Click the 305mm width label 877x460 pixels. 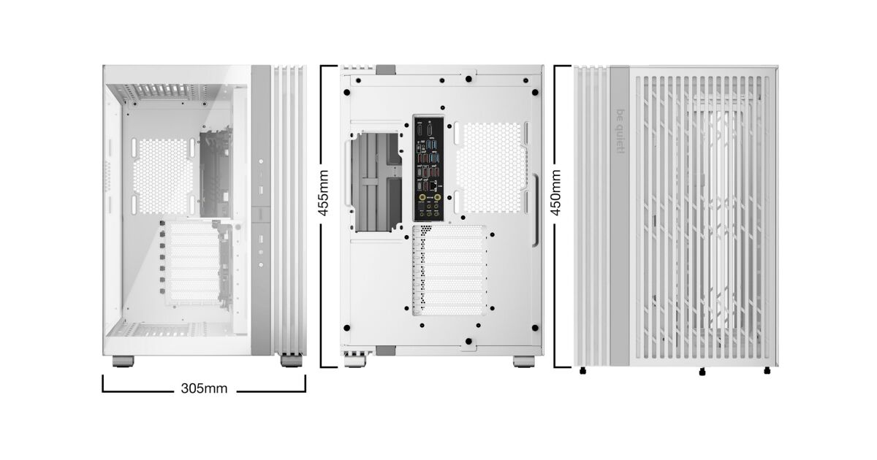coord(204,388)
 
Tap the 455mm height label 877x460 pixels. coord(323,193)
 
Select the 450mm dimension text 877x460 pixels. coord(556,193)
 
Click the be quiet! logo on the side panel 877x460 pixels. coord(620,131)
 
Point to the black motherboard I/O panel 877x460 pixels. coord(429,168)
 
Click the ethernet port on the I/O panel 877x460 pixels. coord(433,185)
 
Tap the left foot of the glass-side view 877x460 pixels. coord(124,361)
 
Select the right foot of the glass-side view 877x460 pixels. coord(292,360)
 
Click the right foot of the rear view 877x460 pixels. coord(524,361)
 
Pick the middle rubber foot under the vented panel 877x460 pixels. coord(702,372)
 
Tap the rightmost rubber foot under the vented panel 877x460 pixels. coord(767,370)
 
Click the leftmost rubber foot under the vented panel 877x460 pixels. coord(583,370)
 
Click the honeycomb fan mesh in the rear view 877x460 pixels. coord(490,168)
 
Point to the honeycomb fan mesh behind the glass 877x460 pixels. coord(163,177)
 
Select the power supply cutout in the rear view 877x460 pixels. coord(376,183)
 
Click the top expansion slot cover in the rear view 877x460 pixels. coord(449,232)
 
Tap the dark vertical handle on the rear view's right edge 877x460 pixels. coord(536,210)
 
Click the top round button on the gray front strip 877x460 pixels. coord(261,161)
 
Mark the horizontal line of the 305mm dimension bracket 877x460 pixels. coord(204,391)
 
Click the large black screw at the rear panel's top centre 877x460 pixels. coord(468,79)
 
